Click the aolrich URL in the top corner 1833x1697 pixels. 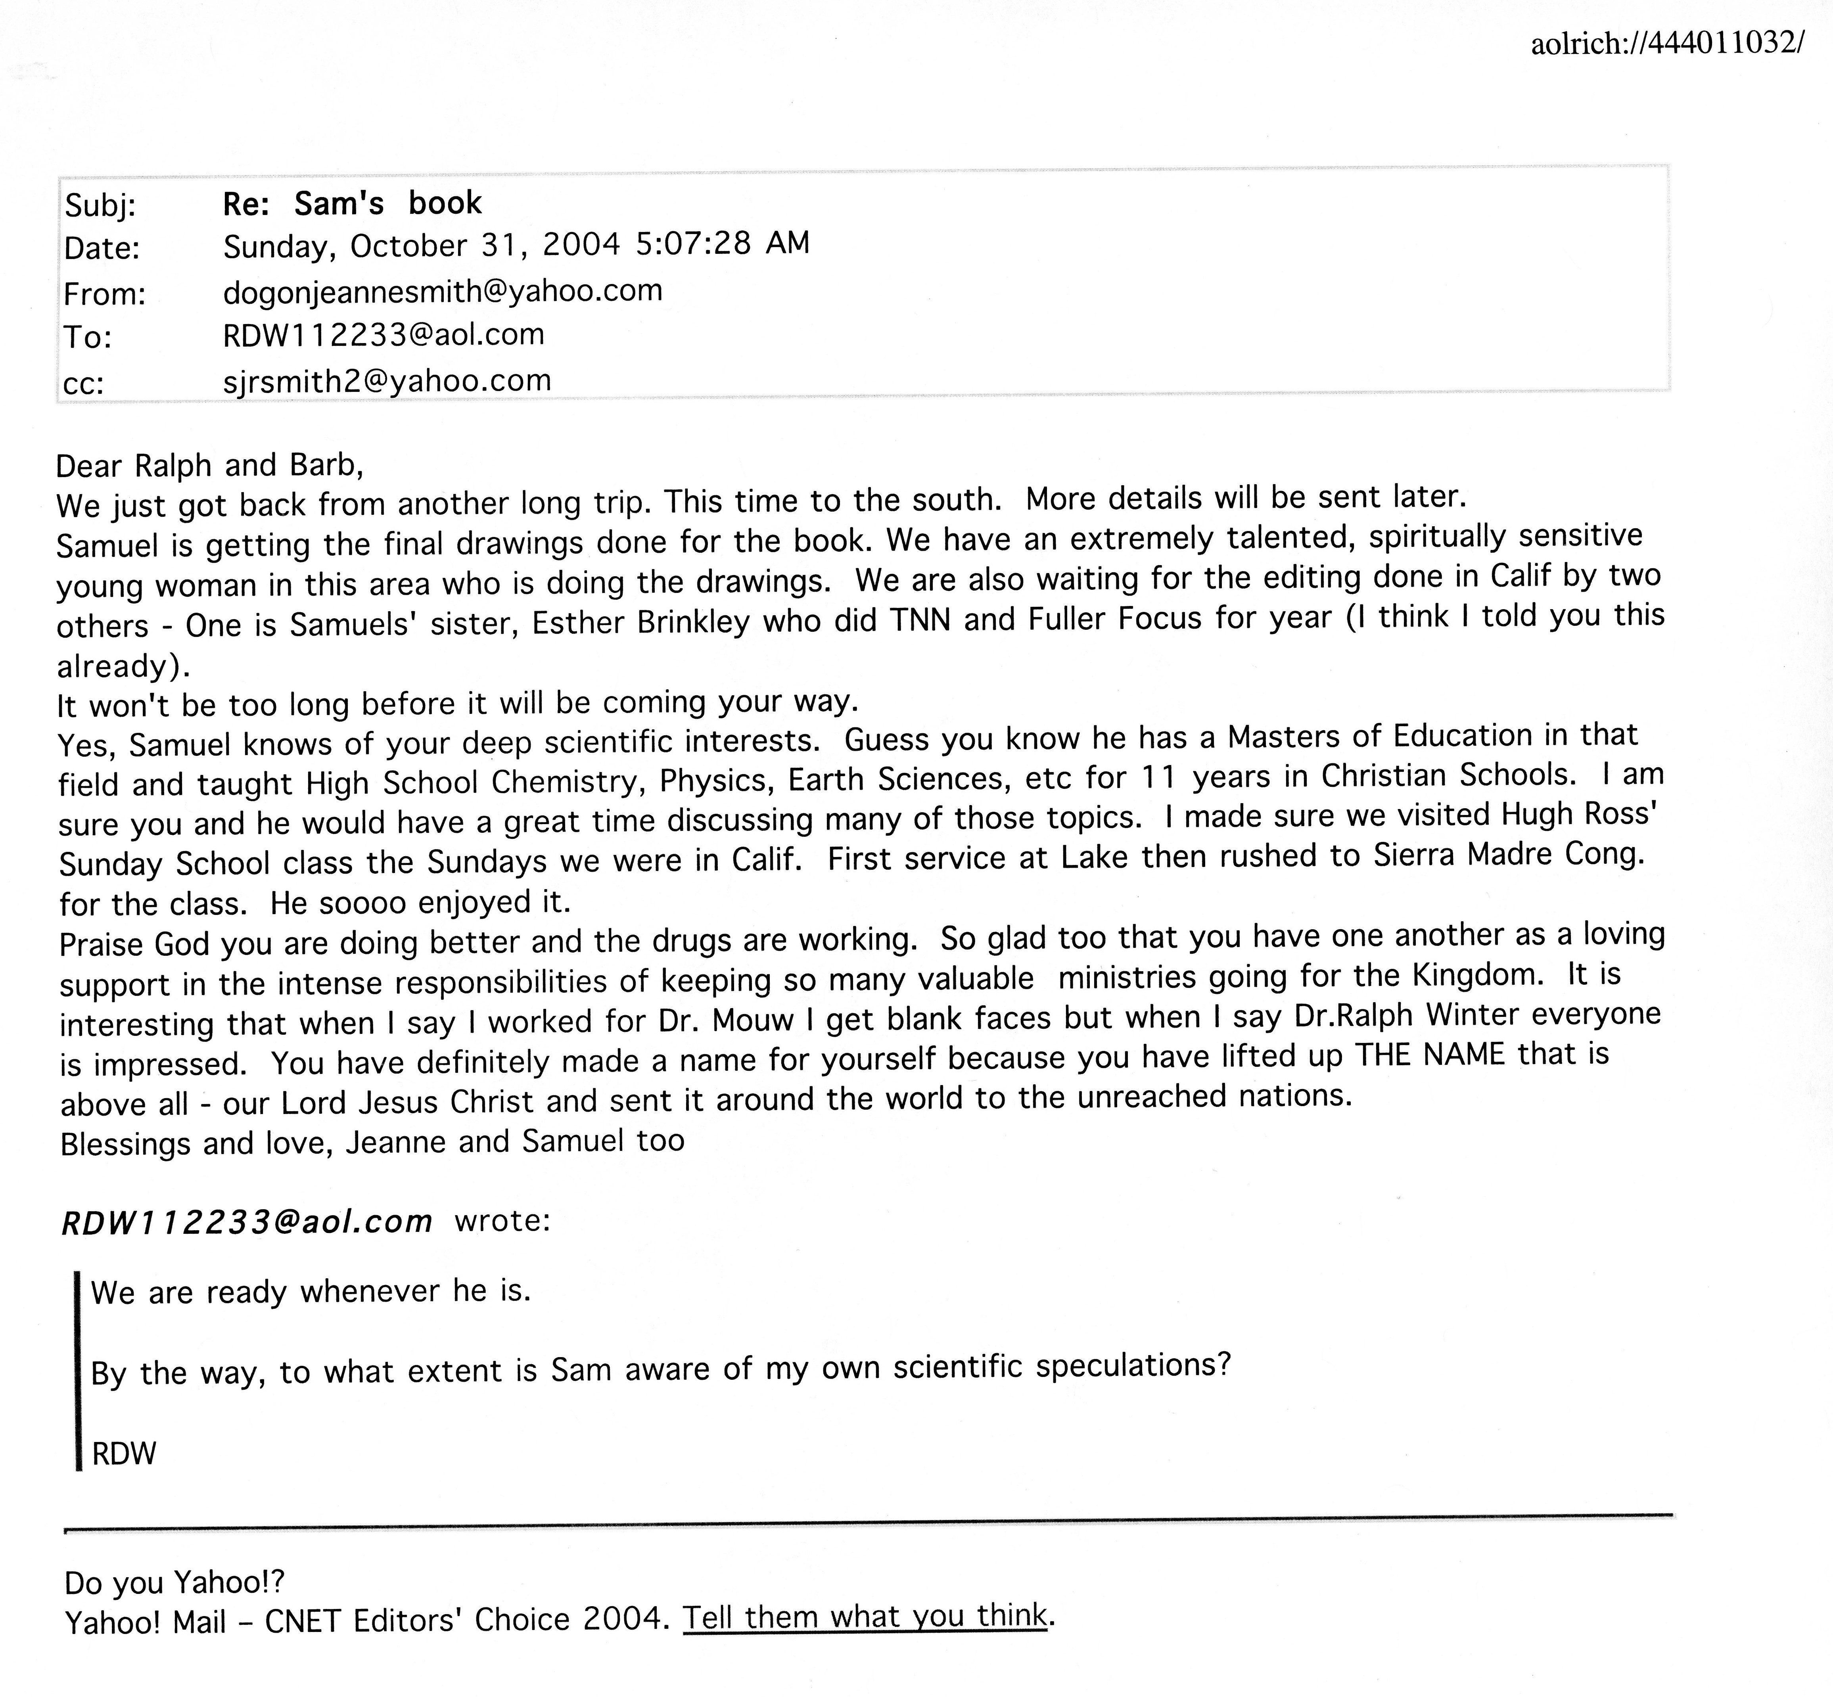(x=1667, y=43)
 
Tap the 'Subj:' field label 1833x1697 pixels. (x=100, y=206)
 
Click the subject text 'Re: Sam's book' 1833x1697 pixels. (x=352, y=203)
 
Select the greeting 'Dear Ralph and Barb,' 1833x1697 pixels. (x=209, y=466)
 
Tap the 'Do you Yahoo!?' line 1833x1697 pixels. (x=174, y=1581)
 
